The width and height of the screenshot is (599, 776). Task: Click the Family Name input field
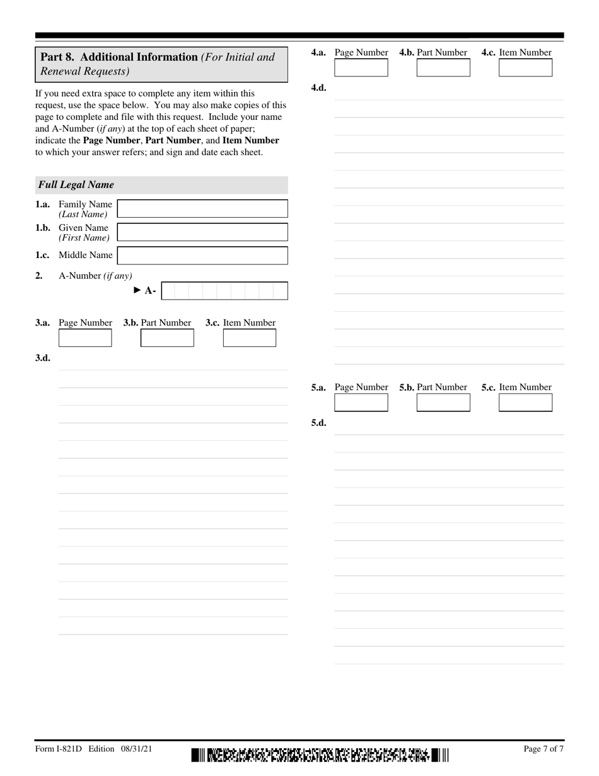tap(202, 209)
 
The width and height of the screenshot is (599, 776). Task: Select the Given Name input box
tap(202, 232)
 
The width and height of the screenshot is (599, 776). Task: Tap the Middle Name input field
tap(202, 256)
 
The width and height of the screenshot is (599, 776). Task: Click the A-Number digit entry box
tap(224, 291)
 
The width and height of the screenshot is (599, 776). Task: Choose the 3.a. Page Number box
tap(85, 338)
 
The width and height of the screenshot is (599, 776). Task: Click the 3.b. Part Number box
tap(167, 338)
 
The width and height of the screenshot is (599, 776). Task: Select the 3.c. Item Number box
tap(250, 338)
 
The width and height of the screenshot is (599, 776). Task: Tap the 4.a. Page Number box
tap(361, 68)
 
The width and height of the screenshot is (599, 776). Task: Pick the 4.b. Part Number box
tap(443, 68)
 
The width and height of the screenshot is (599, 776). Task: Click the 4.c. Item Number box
tap(525, 68)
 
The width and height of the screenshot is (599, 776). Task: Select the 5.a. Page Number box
tap(361, 403)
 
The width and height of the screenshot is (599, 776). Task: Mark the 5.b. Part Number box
tap(443, 403)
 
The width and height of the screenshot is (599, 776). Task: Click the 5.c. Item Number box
tap(525, 403)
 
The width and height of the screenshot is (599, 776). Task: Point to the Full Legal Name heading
tap(76, 185)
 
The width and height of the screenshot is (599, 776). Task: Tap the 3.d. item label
tap(43, 358)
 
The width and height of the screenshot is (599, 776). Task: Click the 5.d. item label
tap(318, 423)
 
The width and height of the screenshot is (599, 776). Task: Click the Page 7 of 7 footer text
tap(544, 750)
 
